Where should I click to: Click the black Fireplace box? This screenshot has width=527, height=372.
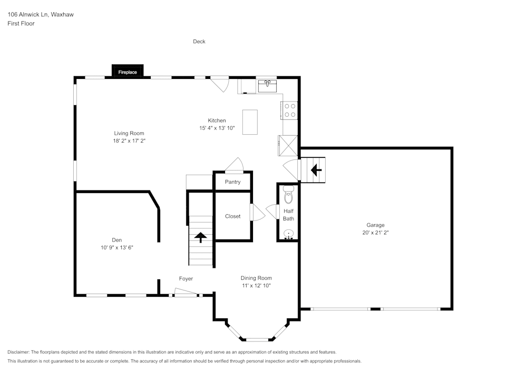click(x=128, y=71)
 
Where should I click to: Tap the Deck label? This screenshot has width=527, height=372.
click(x=199, y=42)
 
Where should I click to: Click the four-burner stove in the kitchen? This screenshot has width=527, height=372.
click(x=290, y=109)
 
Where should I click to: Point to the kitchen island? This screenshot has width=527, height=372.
click(x=250, y=122)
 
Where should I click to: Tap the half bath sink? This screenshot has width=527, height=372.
click(x=288, y=234)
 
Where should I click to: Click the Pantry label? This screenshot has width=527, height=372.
click(x=232, y=182)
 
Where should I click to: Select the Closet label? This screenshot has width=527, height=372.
click(x=232, y=216)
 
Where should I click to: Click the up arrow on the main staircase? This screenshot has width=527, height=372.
click(x=200, y=237)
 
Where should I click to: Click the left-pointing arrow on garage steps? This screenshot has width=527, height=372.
click(x=316, y=170)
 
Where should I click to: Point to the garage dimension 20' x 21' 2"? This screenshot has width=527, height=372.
click(x=376, y=232)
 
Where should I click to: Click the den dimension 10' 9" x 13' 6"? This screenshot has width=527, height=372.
click(x=116, y=247)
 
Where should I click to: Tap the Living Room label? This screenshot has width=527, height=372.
click(x=129, y=133)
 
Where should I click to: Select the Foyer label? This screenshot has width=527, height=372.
click(x=186, y=278)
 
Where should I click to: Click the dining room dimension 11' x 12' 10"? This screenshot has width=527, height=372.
click(x=256, y=285)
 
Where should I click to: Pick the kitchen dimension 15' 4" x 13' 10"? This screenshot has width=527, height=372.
click(x=217, y=128)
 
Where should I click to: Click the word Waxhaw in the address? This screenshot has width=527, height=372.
click(x=62, y=15)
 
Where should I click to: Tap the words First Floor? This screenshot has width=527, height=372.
click(x=21, y=24)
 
